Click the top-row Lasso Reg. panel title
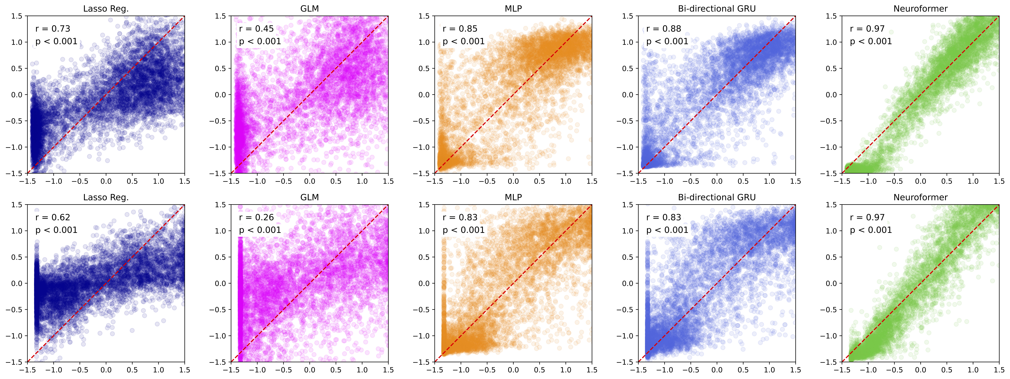pyautogui.click(x=106, y=9)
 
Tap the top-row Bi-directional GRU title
pyautogui.click(x=717, y=9)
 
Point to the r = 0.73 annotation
pyautogui.click(x=53, y=29)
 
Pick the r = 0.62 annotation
pyautogui.click(x=53, y=217)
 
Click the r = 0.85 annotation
pyautogui.click(x=460, y=29)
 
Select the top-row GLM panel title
pyautogui.click(x=309, y=9)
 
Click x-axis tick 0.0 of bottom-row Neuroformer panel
pyautogui.click(x=920, y=370)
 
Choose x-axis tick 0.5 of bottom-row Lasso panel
pyautogui.click(x=132, y=370)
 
